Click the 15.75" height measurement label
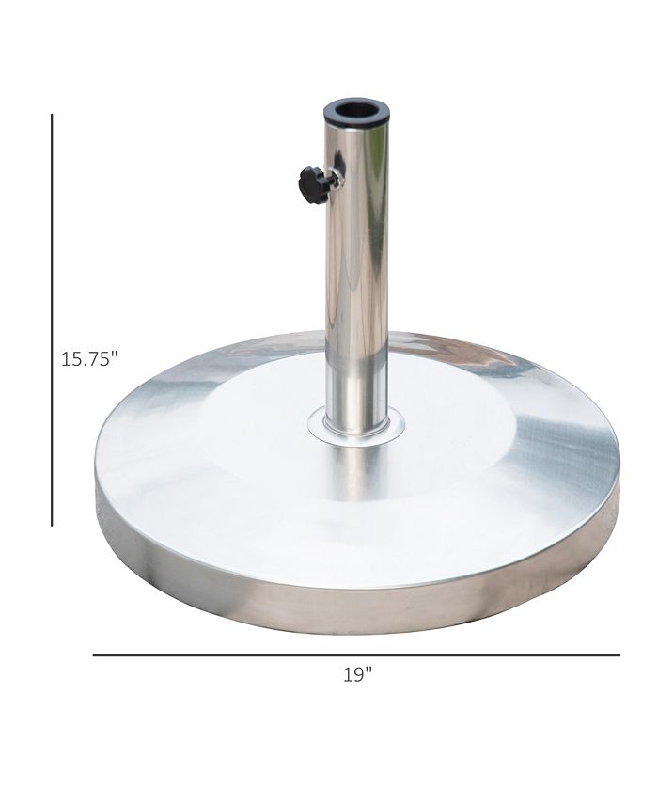[x=90, y=358]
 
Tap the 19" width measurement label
[x=357, y=674]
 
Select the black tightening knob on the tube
[x=314, y=184]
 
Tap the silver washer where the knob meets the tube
[x=336, y=179]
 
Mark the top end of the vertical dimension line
[x=52, y=116]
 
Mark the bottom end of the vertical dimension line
[x=52, y=525]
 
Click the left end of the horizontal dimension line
[x=94, y=654]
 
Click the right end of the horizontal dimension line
[x=619, y=654]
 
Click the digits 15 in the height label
[x=71, y=358]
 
